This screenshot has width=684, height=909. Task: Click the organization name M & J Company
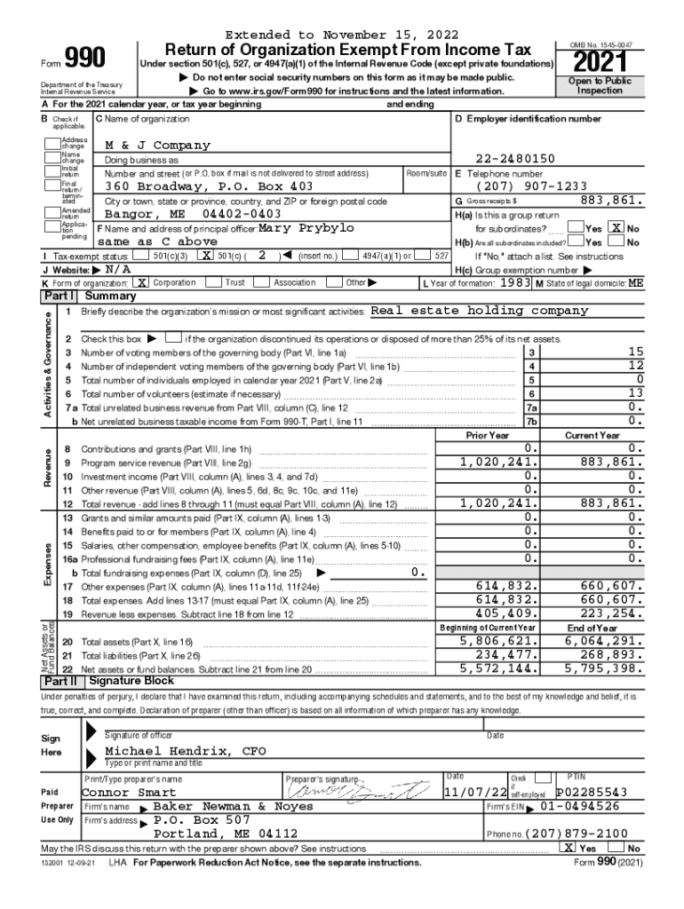pyautogui.click(x=158, y=145)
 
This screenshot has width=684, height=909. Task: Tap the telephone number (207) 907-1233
pyautogui.click(x=531, y=187)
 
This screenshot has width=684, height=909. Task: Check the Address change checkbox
pyautogui.click(x=55, y=142)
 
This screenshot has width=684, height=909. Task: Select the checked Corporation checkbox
pyautogui.click(x=141, y=282)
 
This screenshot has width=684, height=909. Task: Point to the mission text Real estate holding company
pyautogui.click(x=479, y=311)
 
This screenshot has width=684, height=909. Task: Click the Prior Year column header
pyautogui.click(x=488, y=436)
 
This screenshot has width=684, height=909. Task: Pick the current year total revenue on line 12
pyautogui.click(x=610, y=502)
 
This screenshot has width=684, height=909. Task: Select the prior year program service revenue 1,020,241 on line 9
pyautogui.click(x=498, y=462)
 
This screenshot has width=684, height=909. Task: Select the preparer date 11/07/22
pyautogui.click(x=476, y=792)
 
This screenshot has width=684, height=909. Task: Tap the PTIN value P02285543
pyautogui.click(x=592, y=792)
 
